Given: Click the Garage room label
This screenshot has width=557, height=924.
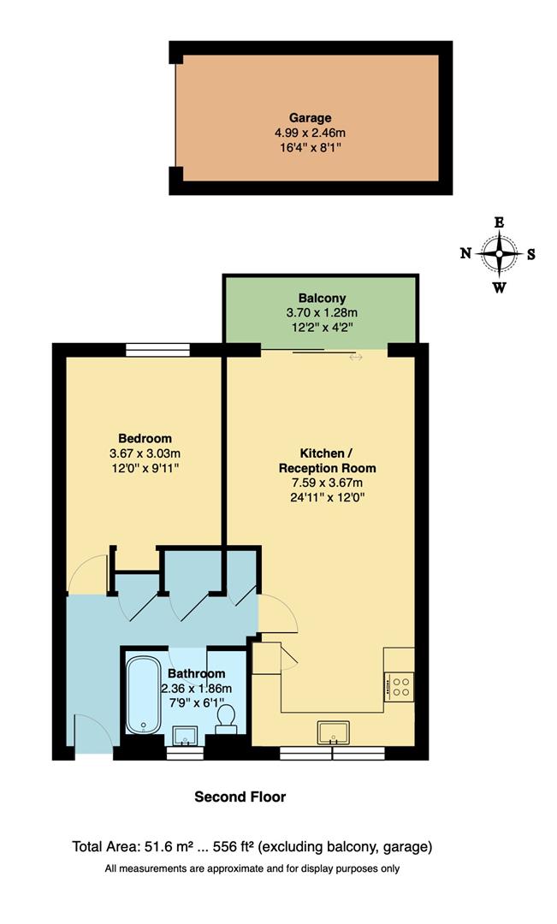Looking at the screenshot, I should pos(310,118).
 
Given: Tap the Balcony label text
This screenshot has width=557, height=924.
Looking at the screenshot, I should pos(322,299).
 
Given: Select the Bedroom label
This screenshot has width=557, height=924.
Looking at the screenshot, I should pos(145,438).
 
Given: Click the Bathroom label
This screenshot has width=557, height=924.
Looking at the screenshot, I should pos(197,674).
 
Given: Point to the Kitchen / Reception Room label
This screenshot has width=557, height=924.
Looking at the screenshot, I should pos(327,460).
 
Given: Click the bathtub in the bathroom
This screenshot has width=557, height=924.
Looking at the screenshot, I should pos(142,695).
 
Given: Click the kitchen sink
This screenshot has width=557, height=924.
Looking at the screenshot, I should pos(333,732).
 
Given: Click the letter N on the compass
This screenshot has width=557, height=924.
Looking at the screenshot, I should pos(465,253).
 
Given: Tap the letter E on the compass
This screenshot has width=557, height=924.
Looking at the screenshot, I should pos(500,222).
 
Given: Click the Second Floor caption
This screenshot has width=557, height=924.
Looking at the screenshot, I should pos(240,797).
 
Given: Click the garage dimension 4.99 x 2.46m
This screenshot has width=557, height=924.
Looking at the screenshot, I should pos(310,133).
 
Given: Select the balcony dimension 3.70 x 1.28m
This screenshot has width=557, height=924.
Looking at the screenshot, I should pos(322,312).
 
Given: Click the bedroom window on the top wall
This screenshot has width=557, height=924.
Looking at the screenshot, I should pos(158,349).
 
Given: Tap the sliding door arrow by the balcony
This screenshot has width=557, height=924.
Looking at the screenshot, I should pos(356,357).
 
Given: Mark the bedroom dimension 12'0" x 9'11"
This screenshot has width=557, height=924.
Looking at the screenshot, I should pos(145,468).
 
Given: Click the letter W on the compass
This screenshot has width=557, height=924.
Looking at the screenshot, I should pos(499,287).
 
